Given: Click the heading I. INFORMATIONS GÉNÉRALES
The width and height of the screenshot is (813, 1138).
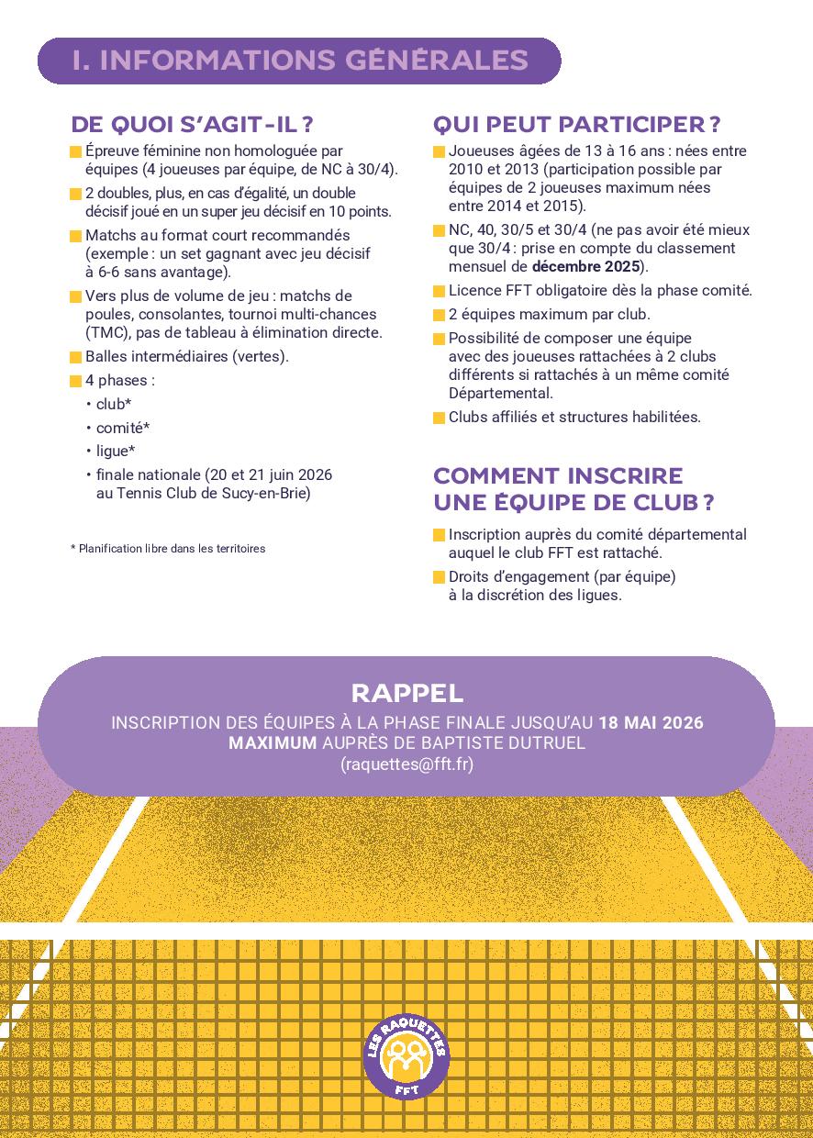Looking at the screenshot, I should pos(299,61).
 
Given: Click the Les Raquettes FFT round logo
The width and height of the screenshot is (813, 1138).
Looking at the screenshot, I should pos(406,1055).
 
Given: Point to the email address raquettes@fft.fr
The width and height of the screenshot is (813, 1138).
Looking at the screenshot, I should pos(406,764).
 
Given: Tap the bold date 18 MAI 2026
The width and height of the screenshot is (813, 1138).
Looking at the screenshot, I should pos(651,723).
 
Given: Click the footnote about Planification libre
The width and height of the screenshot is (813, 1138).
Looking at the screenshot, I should pos(168,549).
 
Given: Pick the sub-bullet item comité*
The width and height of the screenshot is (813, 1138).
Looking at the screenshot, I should pos(123,428).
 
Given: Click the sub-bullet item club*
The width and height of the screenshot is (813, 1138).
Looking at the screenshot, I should pos(114,404).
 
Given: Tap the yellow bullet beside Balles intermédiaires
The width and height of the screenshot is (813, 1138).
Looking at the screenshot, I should pos(75,357).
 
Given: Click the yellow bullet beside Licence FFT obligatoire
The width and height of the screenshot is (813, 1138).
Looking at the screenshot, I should pos(440,292).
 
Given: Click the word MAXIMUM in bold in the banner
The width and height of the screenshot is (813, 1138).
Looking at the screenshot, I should pos(272,743).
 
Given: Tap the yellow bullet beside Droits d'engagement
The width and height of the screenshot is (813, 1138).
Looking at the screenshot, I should pos(440,578).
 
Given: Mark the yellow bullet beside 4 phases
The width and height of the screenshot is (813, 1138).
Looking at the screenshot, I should pos(75,381).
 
